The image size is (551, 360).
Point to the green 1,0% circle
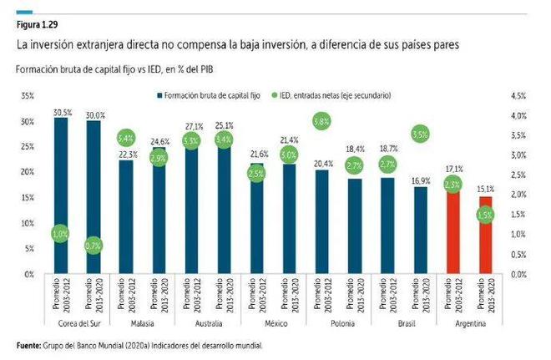click(61, 235)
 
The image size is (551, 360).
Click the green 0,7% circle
click(93, 246)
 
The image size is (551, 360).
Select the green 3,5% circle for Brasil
click(420, 134)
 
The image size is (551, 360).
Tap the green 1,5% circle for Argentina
click(486, 215)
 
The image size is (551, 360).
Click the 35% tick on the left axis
click(28, 96)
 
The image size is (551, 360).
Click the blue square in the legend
click(157, 95)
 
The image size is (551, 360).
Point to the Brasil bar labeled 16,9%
click(420, 231)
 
